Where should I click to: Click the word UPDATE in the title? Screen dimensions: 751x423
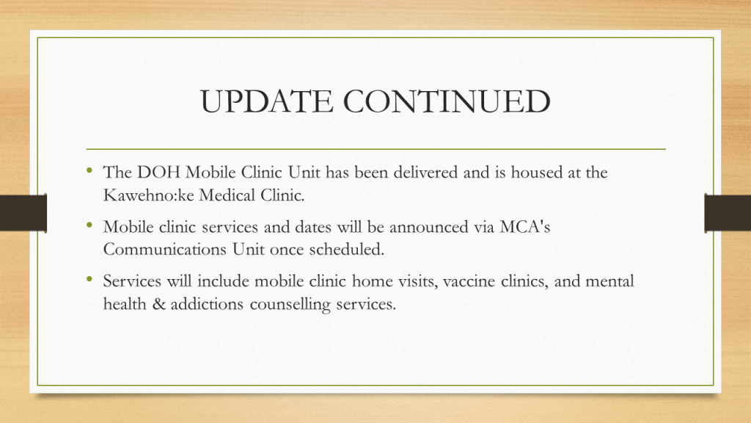coord(266,101)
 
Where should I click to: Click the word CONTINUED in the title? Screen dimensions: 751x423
coord(447,101)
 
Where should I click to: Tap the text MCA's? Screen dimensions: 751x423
coord(525,226)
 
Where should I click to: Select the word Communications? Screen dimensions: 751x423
coord(165,250)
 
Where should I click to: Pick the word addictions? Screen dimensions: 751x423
coord(207,304)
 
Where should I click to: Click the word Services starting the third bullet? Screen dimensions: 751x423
coord(132,281)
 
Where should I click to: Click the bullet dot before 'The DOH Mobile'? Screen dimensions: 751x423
coord(89,170)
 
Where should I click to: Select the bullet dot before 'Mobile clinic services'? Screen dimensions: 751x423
coord(89,224)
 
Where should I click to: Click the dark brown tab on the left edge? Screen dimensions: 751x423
coord(23,213)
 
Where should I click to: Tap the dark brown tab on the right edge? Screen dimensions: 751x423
coord(728,213)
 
